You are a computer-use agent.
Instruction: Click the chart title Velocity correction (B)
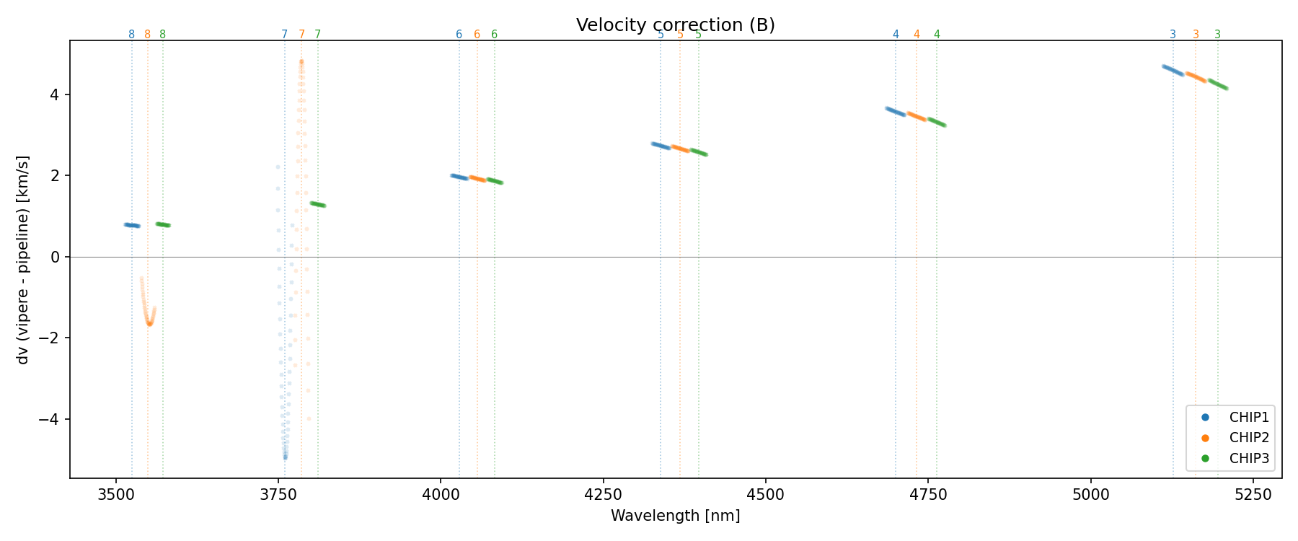(675, 25)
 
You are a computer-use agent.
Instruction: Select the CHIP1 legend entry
(1249, 417)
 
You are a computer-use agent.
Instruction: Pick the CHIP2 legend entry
(1249, 438)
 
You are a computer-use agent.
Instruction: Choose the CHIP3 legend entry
(1249, 459)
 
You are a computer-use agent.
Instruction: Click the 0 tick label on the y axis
(58, 258)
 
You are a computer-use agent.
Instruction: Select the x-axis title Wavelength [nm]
(675, 516)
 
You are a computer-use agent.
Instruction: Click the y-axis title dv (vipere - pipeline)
(23, 260)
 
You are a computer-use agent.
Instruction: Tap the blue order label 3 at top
(1173, 35)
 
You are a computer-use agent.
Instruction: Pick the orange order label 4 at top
(917, 35)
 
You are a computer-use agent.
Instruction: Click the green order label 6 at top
(494, 35)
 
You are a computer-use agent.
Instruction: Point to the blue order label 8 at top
(131, 35)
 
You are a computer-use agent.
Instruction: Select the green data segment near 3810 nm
(318, 204)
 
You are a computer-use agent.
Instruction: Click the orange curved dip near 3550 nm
(149, 321)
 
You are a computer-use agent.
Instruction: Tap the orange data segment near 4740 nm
(917, 116)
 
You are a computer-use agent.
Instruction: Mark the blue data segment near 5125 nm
(1173, 70)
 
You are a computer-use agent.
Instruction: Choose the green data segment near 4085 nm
(495, 181)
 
